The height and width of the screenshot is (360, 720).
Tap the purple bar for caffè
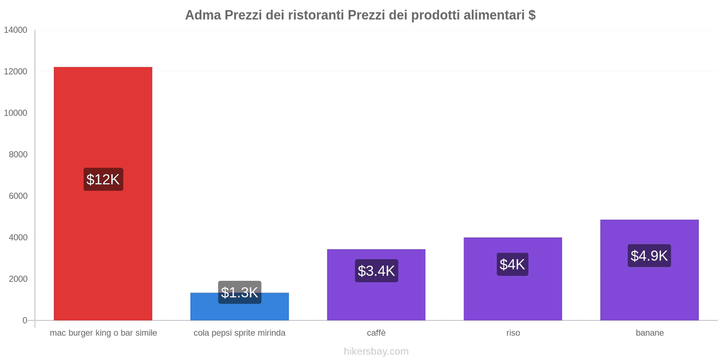click(376, 297)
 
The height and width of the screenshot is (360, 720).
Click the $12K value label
click(103, 180)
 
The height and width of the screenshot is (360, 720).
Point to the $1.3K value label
click(239, 292)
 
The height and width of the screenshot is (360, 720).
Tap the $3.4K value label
click(376, 271)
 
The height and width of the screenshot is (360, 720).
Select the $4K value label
click(512, 265)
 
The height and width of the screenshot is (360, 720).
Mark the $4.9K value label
click(649, 256)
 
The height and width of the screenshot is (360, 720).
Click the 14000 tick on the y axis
click(16, 30)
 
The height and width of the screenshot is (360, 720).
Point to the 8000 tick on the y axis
click(18, 154)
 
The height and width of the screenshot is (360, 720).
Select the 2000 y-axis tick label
click(18, 279)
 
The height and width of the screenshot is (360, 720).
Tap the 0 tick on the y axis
click(25, 320)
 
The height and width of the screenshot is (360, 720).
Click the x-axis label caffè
click(376, 333)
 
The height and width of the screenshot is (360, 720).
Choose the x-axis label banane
click(649, 333)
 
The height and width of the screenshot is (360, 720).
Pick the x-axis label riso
click(513, 333)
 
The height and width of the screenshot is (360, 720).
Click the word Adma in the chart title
click(203, 15)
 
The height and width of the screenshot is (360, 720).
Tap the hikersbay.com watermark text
click(376, 351)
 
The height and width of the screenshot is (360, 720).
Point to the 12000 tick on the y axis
click(16, 72)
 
